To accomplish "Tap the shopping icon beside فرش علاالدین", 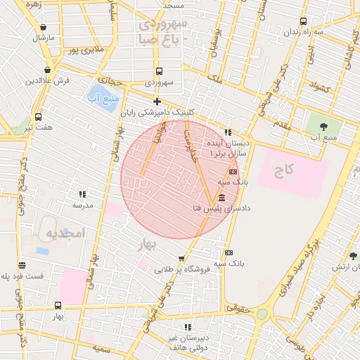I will point(47,70).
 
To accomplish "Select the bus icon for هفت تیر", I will point(37,117).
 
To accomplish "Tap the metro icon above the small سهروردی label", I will point(158,71).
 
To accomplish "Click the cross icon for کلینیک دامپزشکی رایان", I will point(157,102).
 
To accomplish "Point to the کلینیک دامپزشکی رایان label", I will point(155,112).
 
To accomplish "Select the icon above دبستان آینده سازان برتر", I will point(227,132).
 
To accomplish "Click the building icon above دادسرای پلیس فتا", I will point(222,198).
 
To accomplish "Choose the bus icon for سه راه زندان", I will point(304,21).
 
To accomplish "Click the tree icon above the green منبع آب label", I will point(323,127).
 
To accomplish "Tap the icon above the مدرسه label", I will point(83,194).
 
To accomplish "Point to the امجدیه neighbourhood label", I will point(65,232).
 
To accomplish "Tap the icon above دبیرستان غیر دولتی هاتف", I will point(187,327).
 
